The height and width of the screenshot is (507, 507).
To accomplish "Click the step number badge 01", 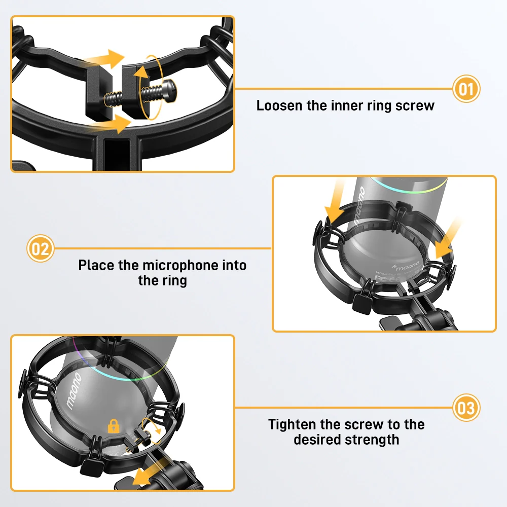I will pyautogui.click(x=465, y=89).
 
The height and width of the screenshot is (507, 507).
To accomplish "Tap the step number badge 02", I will pyautogui.click(x=40, y=248).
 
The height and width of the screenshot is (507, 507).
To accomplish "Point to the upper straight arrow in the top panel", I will pyautogui.click(x=103, y=59).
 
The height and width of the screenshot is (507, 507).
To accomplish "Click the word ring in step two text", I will pyautogui.click(x=175, y=280).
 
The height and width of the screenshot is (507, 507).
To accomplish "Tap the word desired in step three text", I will pyautogui.click(x=318, y=439).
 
